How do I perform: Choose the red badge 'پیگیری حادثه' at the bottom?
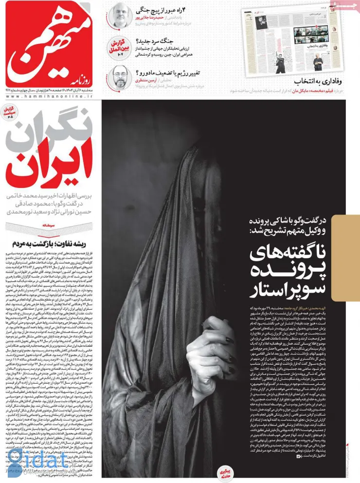click(226, 471)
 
